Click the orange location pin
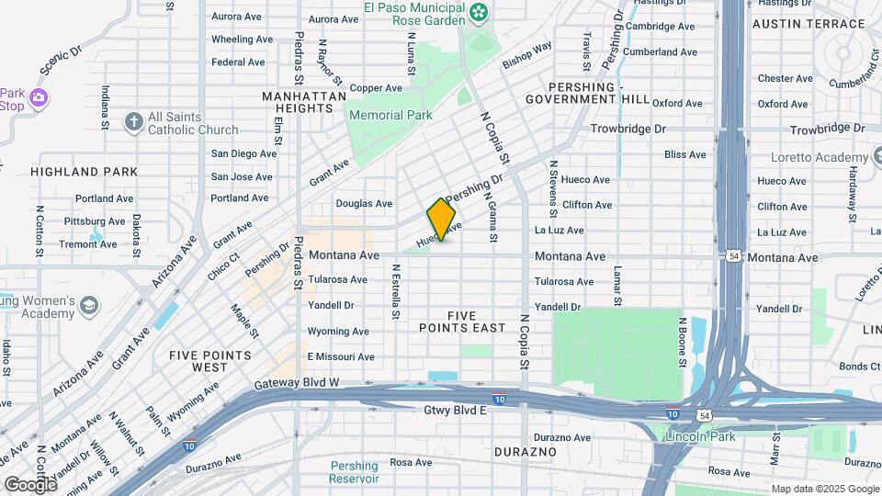[x=441, y=220]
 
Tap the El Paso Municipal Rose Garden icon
[x=478, y=12]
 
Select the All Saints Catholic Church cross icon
[x=133, y=121]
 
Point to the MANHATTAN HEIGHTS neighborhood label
[x=304, y=102]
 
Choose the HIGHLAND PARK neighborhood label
[x=84, y=172]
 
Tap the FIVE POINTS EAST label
[x=463, y=321]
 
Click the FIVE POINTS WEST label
[x=210, y=361]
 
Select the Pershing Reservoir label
[x=355, y=472]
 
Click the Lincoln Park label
[x=704, y=437]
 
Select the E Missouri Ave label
[x=341, y=357]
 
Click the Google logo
[x=30, y=484]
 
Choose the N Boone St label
[x=683, y=343]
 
